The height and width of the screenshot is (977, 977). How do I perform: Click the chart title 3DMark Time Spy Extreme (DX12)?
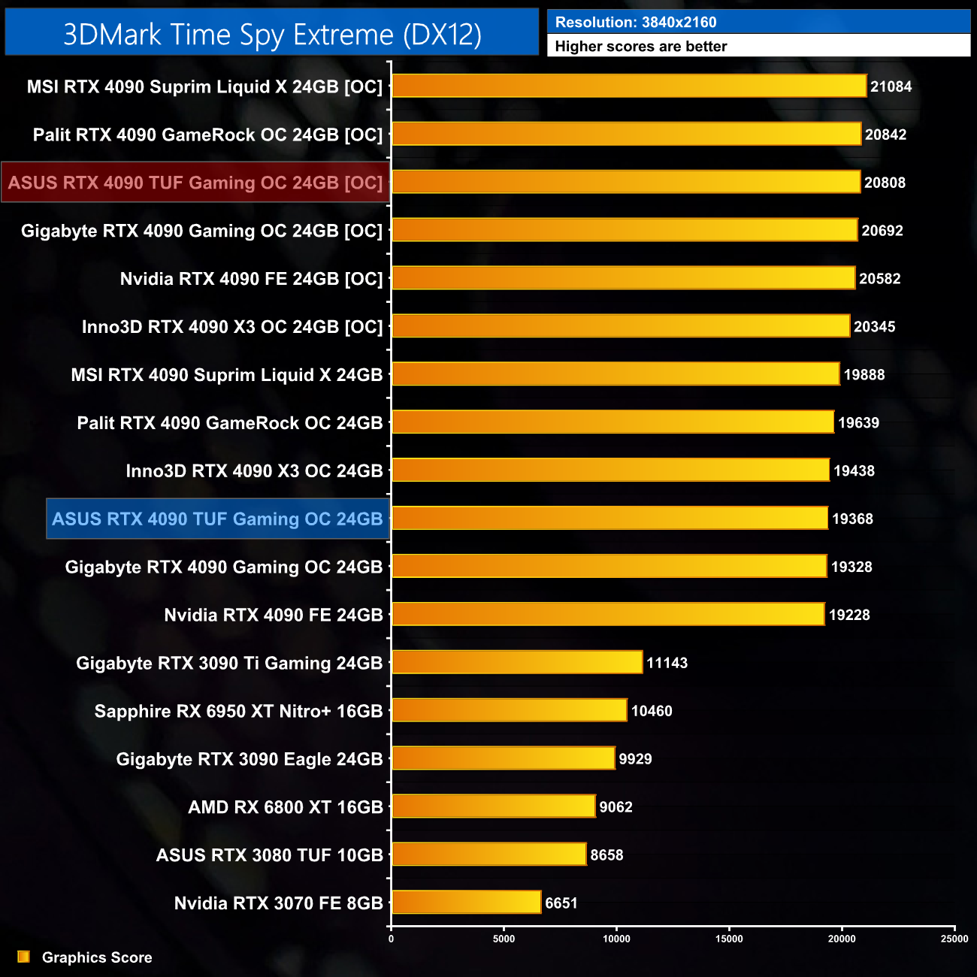pyautogui.click(x=272, y=35)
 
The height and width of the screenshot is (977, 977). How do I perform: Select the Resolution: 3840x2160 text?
pyautogui.click(x=636, y=23)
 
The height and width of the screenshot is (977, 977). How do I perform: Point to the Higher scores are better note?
pyautogui.click(x=641, y=47)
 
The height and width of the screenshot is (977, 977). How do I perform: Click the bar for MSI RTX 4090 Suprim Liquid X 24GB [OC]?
pyautogui.click(x=629, y=86)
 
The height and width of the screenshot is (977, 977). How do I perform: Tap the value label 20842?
pyautogui.click(x=885, y=135)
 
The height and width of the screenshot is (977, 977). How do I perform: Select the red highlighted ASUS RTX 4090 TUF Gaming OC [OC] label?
pyautogui.click(x=195, y=183)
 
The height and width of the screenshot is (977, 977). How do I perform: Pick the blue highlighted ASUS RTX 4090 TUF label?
pyautogui.click(x=217, y=519)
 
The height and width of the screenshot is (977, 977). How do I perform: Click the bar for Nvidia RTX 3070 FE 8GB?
pyautogui.click(x=466, y=902)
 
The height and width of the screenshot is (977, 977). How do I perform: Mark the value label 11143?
pyautogui.click(x=667, y=663)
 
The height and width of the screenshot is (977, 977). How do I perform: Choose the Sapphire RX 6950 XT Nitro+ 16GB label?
pyautogui.click(x=238, y=711)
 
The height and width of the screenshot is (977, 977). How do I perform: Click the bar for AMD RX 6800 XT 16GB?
pyautogui.click(x=493, y=806)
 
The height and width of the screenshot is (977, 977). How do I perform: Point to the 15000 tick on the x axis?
pyautogui.click(x=729, y=939)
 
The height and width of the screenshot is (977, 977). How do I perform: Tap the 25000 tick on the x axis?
pyautogui.click(x=954, y=939)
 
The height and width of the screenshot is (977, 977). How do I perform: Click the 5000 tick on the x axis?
pyautogui.click(x=504, y=939)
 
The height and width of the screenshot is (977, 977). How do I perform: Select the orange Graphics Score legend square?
pyautogui.click(x=24, y=957)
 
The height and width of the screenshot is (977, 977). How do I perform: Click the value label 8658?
pyautogui.click(x=606, y=855)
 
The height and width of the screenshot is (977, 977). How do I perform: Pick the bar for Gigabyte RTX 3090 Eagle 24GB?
pyautogui.click(x=503, y=758)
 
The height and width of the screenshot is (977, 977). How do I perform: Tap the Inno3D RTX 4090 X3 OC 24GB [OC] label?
pyautogui.click(x=232, y=327)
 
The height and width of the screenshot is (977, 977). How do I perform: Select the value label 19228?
pyautogui.click(x=849, y=615)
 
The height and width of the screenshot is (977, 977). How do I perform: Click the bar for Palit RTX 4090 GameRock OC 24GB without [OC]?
pyautogui.click(x=613, y=422)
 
